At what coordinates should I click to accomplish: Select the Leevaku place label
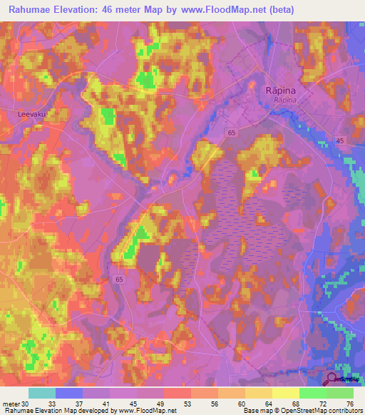(x=31, y=113)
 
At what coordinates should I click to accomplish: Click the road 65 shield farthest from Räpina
(x=118, y=280)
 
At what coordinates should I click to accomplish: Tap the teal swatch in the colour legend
(x=42, y=393)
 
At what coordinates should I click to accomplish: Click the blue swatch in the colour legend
(x=69, y=393)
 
